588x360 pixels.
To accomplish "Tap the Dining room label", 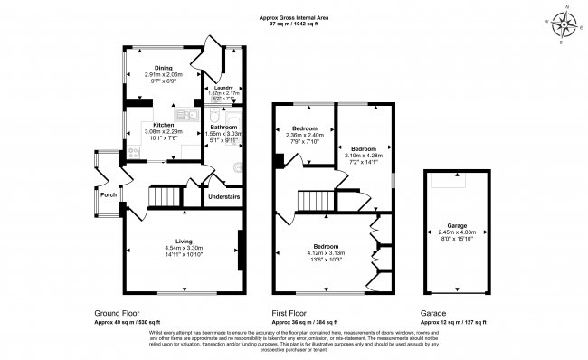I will coord(163,67).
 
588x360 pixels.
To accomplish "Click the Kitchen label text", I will coord(164,125).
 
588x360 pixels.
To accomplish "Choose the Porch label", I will coord(109,194).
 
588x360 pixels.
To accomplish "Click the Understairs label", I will coord(224,196).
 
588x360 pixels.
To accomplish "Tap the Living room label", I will coord(184,242).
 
